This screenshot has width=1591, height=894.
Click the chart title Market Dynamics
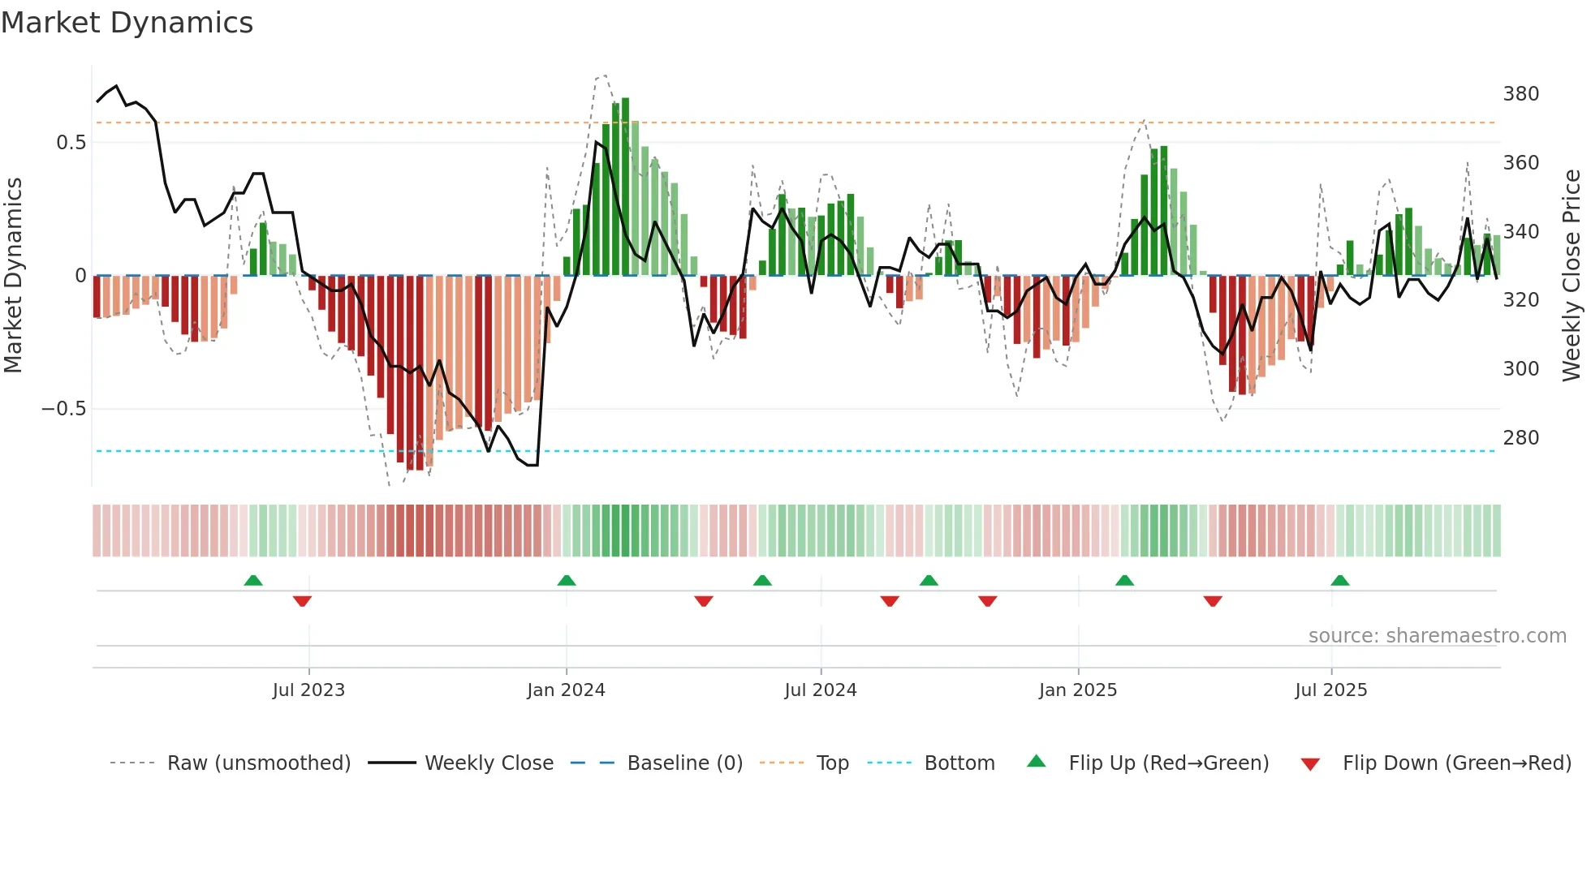click(x=127, y=23)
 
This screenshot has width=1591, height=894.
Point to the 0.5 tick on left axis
click(x=71, y=143)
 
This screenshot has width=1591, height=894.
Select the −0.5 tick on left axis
click(x=63, y=409)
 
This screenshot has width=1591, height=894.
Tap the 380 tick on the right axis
click(x=1520, y=94)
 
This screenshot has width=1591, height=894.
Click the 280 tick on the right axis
click(x=1520, y=438)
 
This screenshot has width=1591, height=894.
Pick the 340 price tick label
click(x=1520, y=232)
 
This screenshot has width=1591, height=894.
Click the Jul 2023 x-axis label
click(x=308, y=690)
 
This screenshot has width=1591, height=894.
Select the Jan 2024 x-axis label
click(x=566, y=690)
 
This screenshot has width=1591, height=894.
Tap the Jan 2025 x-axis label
click(x=1078, y=690)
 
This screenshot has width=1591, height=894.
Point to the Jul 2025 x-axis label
click(x=1331, y=690)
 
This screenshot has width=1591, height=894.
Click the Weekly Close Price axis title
click(x=1572, y=276)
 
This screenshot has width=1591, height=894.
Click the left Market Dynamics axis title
click(x=13, y=276)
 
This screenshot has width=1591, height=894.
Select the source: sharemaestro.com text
click(x=1437, y=636)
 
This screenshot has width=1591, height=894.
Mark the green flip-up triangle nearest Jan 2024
click(x=567, y=581)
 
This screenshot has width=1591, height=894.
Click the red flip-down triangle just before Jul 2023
click(x=302, y=601)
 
